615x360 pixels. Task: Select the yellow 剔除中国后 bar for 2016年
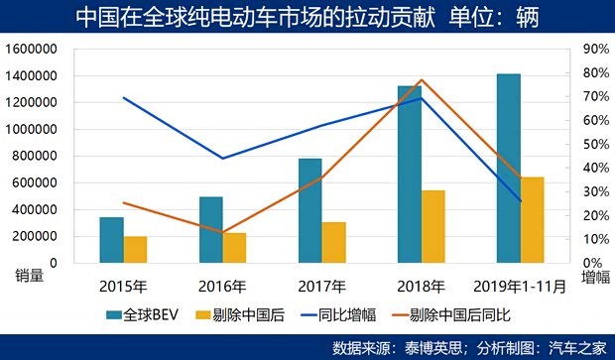234,248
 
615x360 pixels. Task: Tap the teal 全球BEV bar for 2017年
309,210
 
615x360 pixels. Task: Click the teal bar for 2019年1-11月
508,169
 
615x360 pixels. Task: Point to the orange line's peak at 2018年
422,79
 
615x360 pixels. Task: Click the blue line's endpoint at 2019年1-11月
521,201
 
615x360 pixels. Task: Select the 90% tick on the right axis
593,49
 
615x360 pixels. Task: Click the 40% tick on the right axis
593,169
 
